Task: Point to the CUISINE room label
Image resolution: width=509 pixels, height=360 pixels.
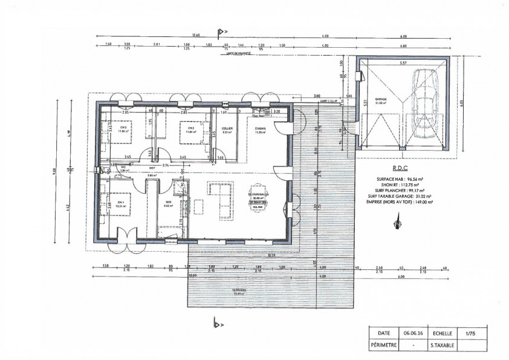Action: coord(261,129)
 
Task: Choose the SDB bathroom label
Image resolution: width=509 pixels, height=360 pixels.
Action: coord(168,203)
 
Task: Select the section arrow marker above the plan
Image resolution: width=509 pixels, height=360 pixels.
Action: coord(221,31)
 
